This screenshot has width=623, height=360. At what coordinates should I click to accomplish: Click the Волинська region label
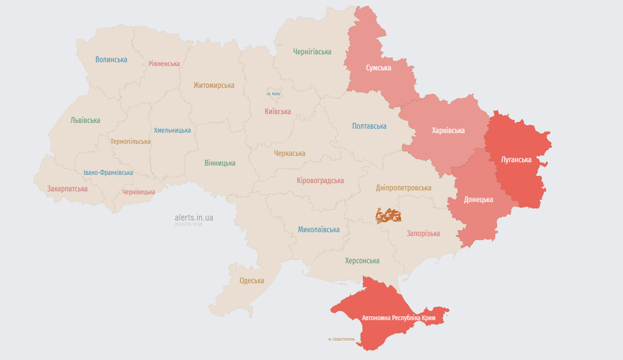111,60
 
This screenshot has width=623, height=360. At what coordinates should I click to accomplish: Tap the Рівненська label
164,64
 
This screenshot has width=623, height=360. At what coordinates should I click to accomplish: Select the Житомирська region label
213,86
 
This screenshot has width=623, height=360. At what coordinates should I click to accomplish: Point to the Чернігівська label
312,51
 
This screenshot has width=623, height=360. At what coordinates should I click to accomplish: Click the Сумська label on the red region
379,68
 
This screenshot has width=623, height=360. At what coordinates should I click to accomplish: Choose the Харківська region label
448,131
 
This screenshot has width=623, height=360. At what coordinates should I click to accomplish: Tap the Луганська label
516,159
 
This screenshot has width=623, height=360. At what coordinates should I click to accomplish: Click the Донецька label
478,200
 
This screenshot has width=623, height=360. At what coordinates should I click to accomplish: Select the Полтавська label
369,126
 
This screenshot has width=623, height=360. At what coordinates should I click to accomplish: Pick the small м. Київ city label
274,94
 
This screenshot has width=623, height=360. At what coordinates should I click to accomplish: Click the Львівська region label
85,120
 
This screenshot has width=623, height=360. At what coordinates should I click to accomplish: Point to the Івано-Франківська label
108,172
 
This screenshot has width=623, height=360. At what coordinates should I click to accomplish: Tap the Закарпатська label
67,189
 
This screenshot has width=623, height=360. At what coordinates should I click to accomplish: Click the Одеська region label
252,281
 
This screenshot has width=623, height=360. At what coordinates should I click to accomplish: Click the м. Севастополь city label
341,339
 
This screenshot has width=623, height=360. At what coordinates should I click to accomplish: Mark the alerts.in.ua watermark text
193,218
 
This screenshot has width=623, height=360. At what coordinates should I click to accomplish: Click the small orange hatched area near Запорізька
388,216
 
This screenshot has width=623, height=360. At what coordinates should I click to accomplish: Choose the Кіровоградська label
320,181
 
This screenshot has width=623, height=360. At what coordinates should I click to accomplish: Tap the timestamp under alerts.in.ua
188,224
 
